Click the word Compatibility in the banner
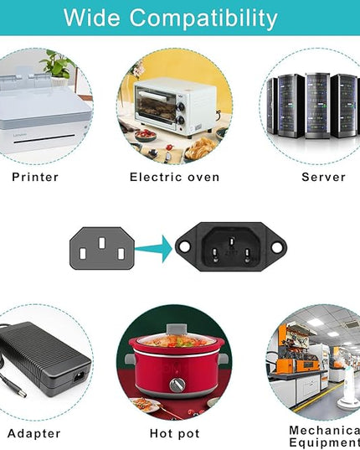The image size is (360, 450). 203,18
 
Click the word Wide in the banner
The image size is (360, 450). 91,18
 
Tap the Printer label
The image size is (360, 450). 35,177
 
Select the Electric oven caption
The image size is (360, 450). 174,177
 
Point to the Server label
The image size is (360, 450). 324,177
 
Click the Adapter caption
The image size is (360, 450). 33,433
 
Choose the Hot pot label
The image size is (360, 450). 174,433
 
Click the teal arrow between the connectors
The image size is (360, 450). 154,249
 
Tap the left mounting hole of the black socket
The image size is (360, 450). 184,247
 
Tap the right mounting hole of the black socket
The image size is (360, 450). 277,247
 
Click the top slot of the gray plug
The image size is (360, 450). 102,243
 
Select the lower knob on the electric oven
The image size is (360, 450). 180,120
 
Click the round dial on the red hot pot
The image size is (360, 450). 177,385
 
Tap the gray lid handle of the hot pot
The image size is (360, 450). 177,328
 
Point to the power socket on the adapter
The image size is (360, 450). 80,376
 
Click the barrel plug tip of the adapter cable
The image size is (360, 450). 20,392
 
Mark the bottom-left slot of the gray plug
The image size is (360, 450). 83,254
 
